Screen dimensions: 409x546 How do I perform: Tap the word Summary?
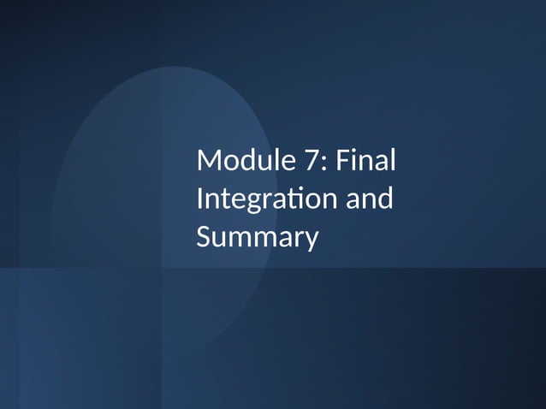pos(257,238)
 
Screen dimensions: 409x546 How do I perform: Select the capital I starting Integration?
pos(200,199)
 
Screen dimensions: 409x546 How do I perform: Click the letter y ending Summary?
pos(310,240)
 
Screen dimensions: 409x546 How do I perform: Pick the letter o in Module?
pos(229,162)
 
